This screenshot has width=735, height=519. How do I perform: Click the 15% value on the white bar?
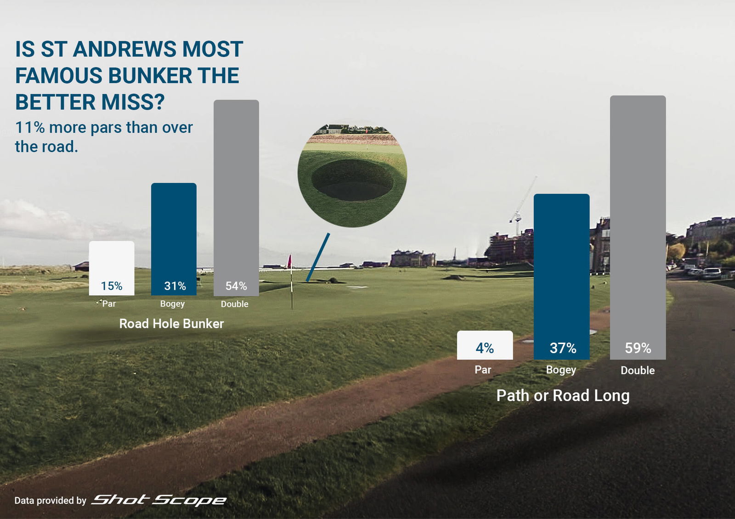point(112,286)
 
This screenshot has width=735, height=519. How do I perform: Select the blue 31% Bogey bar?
point(174,239)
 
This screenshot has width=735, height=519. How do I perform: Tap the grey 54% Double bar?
point(236,197)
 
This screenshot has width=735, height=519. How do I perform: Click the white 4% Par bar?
point(485,345)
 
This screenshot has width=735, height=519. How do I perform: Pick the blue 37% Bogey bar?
point(561,276)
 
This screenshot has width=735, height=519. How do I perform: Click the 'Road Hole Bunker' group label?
point(171,324)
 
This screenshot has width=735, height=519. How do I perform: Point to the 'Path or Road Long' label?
point(563,395)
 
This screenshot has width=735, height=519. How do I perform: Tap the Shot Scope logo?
point(159,500)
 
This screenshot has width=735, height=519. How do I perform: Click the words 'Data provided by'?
point(50,501)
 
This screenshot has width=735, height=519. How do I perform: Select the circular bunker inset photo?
point(352,175)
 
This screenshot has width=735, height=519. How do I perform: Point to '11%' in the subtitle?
point(30,128)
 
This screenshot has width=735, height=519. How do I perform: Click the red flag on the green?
point(289,262)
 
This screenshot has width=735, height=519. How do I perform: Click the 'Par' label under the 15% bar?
point(109,304)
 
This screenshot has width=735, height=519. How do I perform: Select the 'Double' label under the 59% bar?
point(638,370)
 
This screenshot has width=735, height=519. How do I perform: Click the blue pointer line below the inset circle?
point(318,257)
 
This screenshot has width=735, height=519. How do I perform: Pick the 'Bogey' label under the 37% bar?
point(561,370)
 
